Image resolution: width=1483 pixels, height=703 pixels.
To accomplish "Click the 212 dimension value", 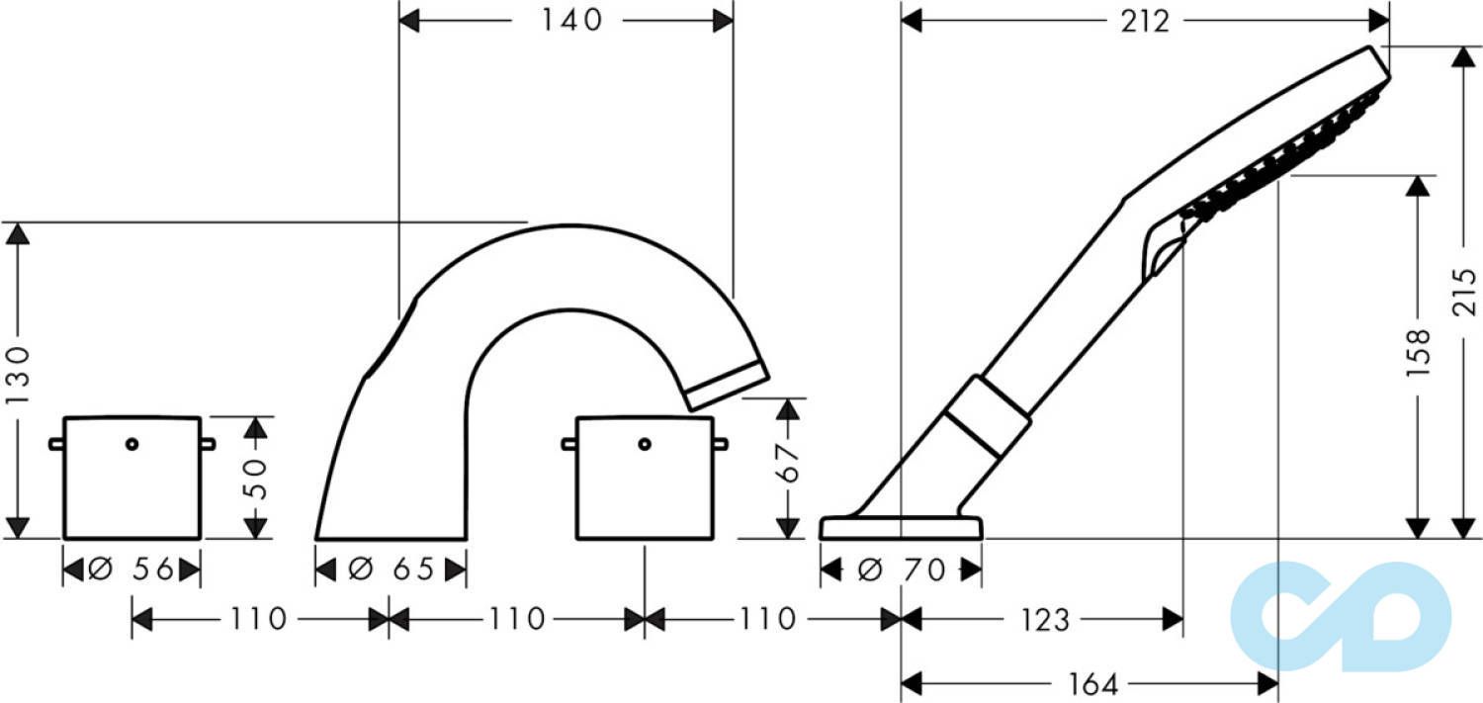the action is coord(1145,21).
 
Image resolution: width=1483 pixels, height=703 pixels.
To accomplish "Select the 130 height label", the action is coord(18,376).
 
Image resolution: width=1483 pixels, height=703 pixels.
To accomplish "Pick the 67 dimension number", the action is coord(788,464).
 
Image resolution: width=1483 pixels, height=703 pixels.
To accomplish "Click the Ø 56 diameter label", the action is coord(131,570).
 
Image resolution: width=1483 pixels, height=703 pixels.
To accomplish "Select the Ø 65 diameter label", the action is coord(391,570).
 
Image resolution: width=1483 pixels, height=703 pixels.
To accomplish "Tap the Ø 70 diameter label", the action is coord(902,570).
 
